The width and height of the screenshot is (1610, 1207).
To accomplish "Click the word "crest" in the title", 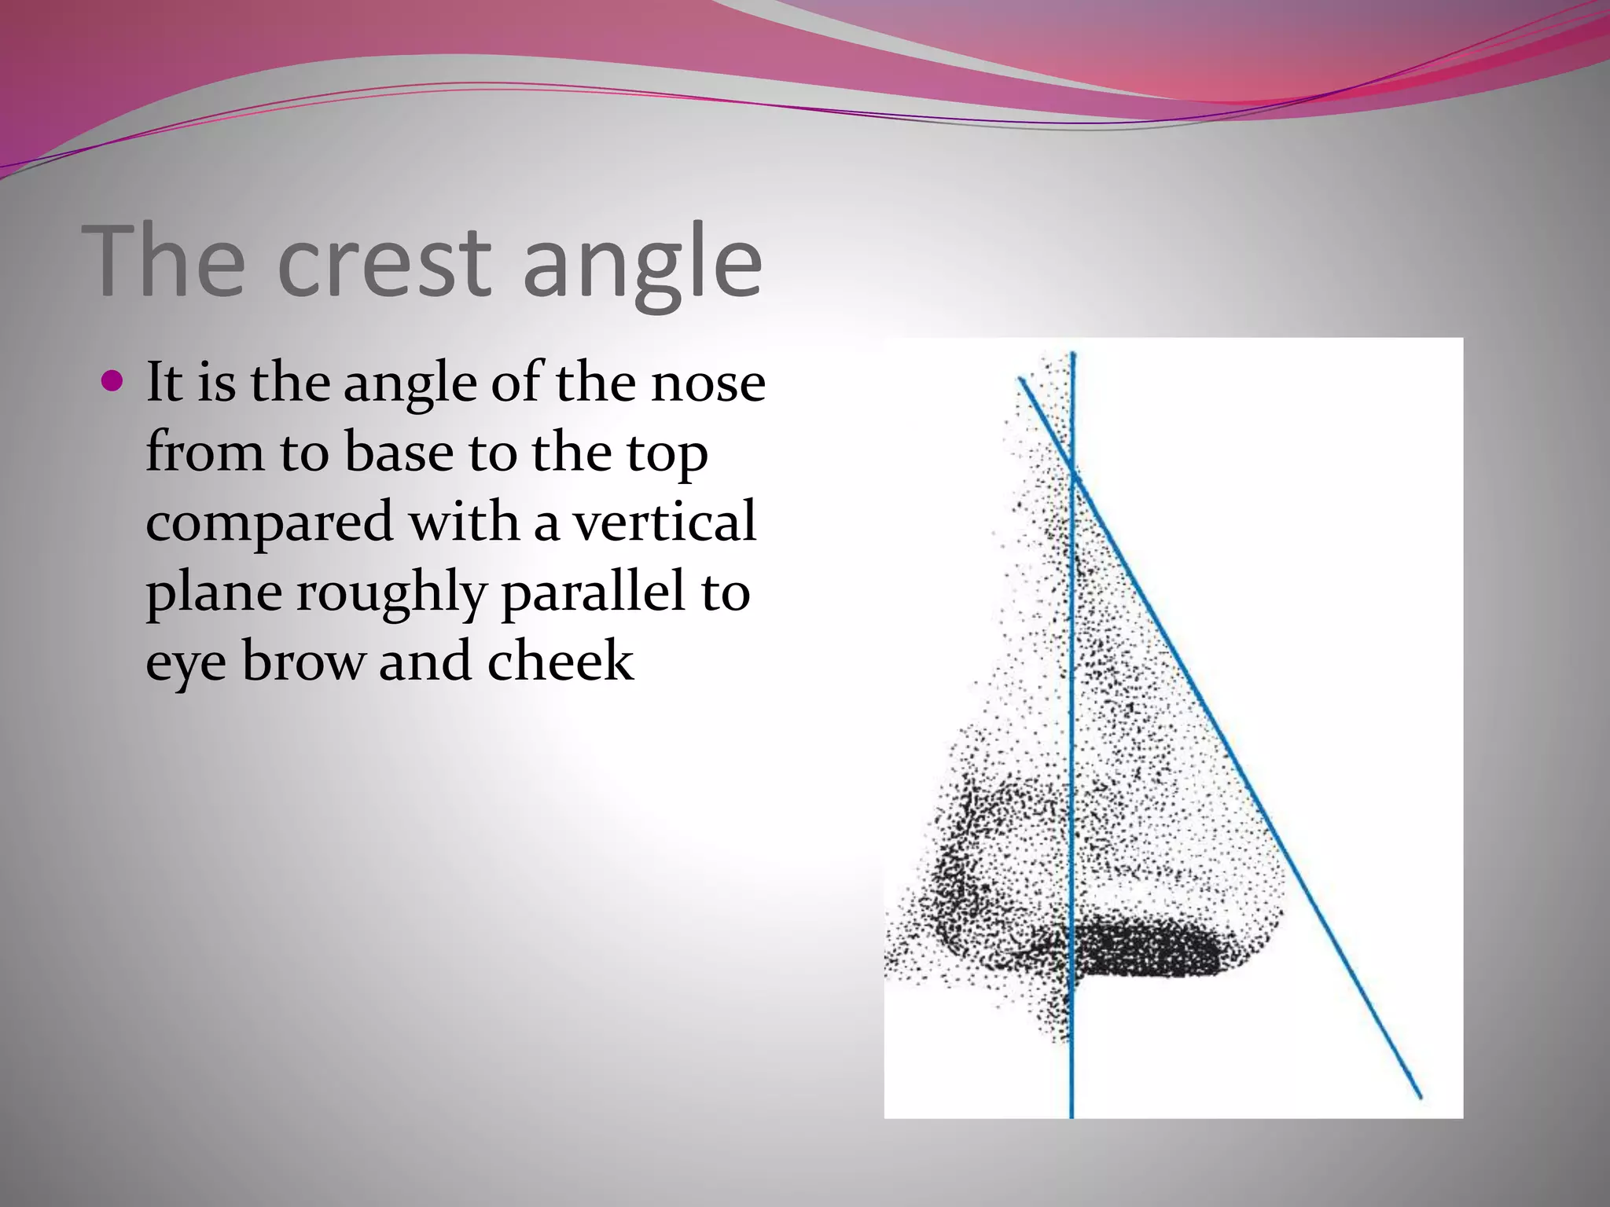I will (384, 261).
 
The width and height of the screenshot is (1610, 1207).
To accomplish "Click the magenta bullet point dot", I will (113, 382).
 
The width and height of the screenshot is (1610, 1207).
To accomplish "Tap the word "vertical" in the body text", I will (664, 522).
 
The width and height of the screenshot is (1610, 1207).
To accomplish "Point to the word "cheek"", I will (560, 661).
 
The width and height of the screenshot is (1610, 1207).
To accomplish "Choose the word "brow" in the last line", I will (303, 661).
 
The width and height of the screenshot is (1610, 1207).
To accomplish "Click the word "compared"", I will (269, 523).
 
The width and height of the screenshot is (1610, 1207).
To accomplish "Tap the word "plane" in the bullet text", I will (214, 594).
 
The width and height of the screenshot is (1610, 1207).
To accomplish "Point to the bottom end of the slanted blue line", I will (1420, 1097).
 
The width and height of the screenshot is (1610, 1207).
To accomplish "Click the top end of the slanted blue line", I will (1020, 380).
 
